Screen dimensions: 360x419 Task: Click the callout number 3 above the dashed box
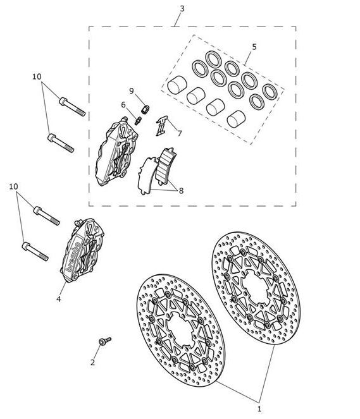182,9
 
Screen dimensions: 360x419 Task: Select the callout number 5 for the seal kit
254,47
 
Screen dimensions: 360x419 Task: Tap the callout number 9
132,91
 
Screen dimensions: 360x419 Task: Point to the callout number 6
123,105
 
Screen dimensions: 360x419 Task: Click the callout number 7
180,133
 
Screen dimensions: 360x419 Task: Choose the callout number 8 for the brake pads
181,191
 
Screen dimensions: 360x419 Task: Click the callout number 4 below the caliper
59,299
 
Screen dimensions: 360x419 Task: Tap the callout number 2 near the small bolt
92,362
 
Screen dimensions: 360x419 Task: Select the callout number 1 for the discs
259,409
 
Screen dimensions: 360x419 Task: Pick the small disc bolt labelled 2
105,341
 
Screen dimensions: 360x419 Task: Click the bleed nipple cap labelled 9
146,109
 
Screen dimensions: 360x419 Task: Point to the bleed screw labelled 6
139,121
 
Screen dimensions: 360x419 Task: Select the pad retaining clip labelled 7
162,126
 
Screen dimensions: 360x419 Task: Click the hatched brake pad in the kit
166,166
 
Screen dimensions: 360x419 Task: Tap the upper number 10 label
37,76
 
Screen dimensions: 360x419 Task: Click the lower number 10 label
14,186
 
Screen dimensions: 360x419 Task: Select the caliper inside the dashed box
116,152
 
